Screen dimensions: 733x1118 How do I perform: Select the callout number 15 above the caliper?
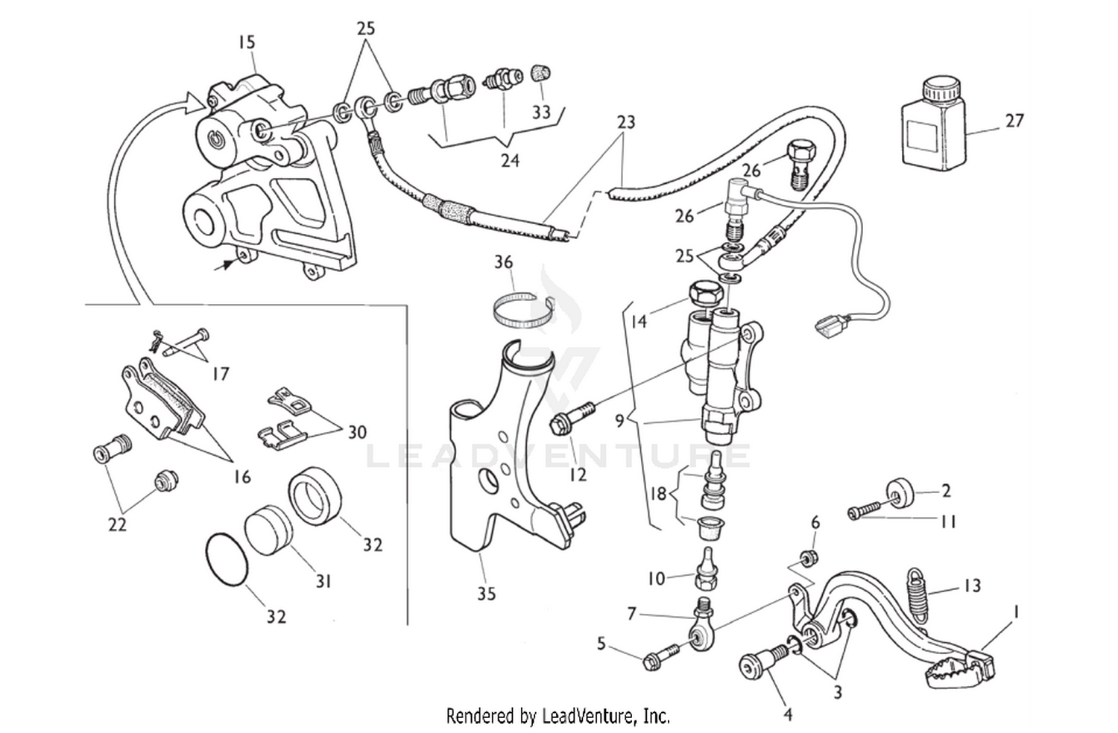247,42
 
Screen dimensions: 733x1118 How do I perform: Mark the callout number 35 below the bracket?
486,594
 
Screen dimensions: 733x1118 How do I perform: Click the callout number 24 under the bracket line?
510,160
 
